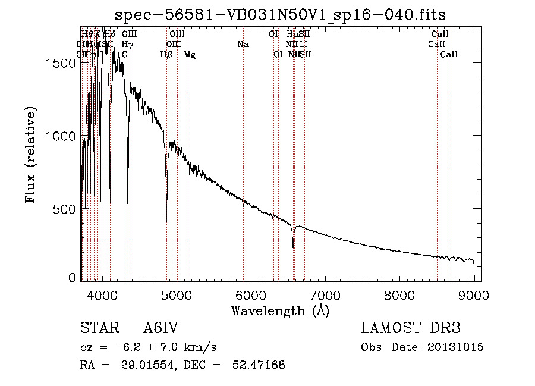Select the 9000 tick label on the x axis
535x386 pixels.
click(x=474, y=294)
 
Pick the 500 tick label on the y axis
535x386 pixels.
click(x=67, y=209)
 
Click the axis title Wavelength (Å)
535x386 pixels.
click(x=280, y=310)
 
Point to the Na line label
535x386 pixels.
click(x=243, y=45)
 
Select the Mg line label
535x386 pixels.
click(x=190, y=55)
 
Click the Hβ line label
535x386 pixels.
click(x=166, y=55)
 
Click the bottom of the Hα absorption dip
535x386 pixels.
click(x=293, y=247)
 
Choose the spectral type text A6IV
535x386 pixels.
click(x=161, y=329)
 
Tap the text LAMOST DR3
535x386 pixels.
click(x=411, y=329)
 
